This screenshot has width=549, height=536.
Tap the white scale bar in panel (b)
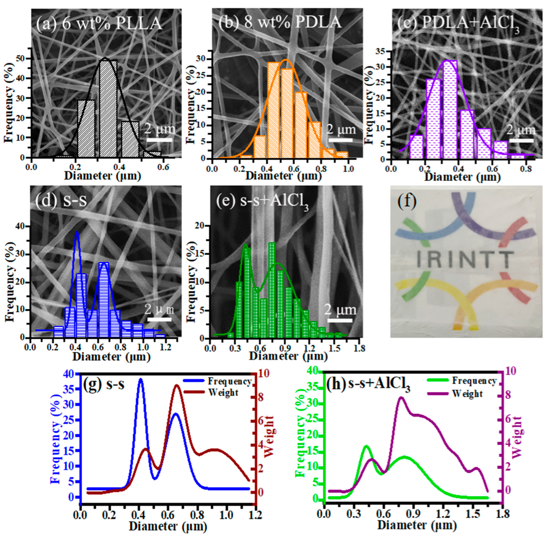click(340, 140)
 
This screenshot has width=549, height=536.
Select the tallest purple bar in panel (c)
click(450, 110)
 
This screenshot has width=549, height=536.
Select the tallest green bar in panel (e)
click(272, 290)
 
